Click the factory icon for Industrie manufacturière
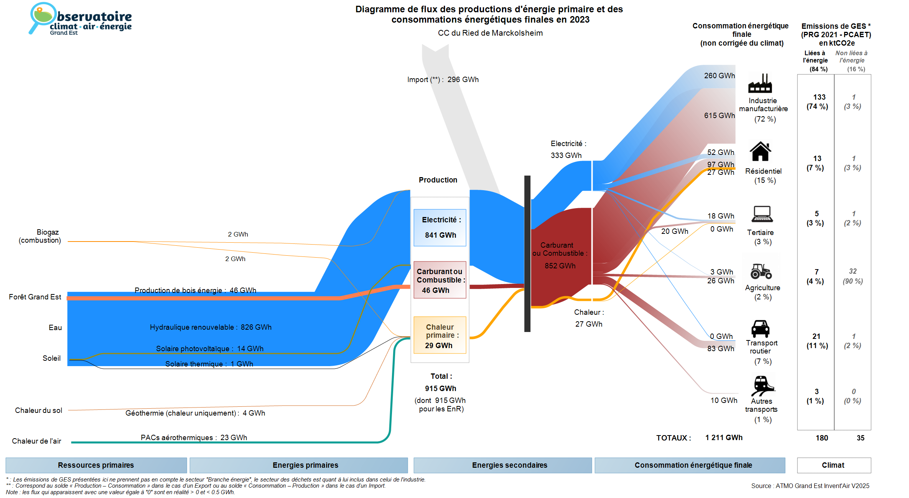(x=760, y=83)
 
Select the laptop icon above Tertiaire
(x=762, y=214)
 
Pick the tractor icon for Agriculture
(x=761, y=271)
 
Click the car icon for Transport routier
(x=760, y=329)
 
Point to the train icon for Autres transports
(x=763, y=385)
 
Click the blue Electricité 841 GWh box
(x=440, y=228)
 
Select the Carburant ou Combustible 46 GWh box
(x=440, y=280)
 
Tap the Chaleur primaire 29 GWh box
(x=440, y=335)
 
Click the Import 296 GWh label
(x=443, y=80)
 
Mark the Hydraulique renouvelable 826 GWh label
(x=211, y=327)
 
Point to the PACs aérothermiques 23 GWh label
(x=194, y=438)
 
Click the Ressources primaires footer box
(x=96, y=465)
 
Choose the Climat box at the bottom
(x=834, y=465)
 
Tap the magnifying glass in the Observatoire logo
(x=41, y=17)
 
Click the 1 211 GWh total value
(x=724, y=438)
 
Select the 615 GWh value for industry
(x=720, y=115)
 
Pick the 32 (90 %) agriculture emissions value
(x=853, y=276)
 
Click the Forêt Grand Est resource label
(x=35, y=297)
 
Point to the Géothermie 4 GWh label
(x=195, y=413)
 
